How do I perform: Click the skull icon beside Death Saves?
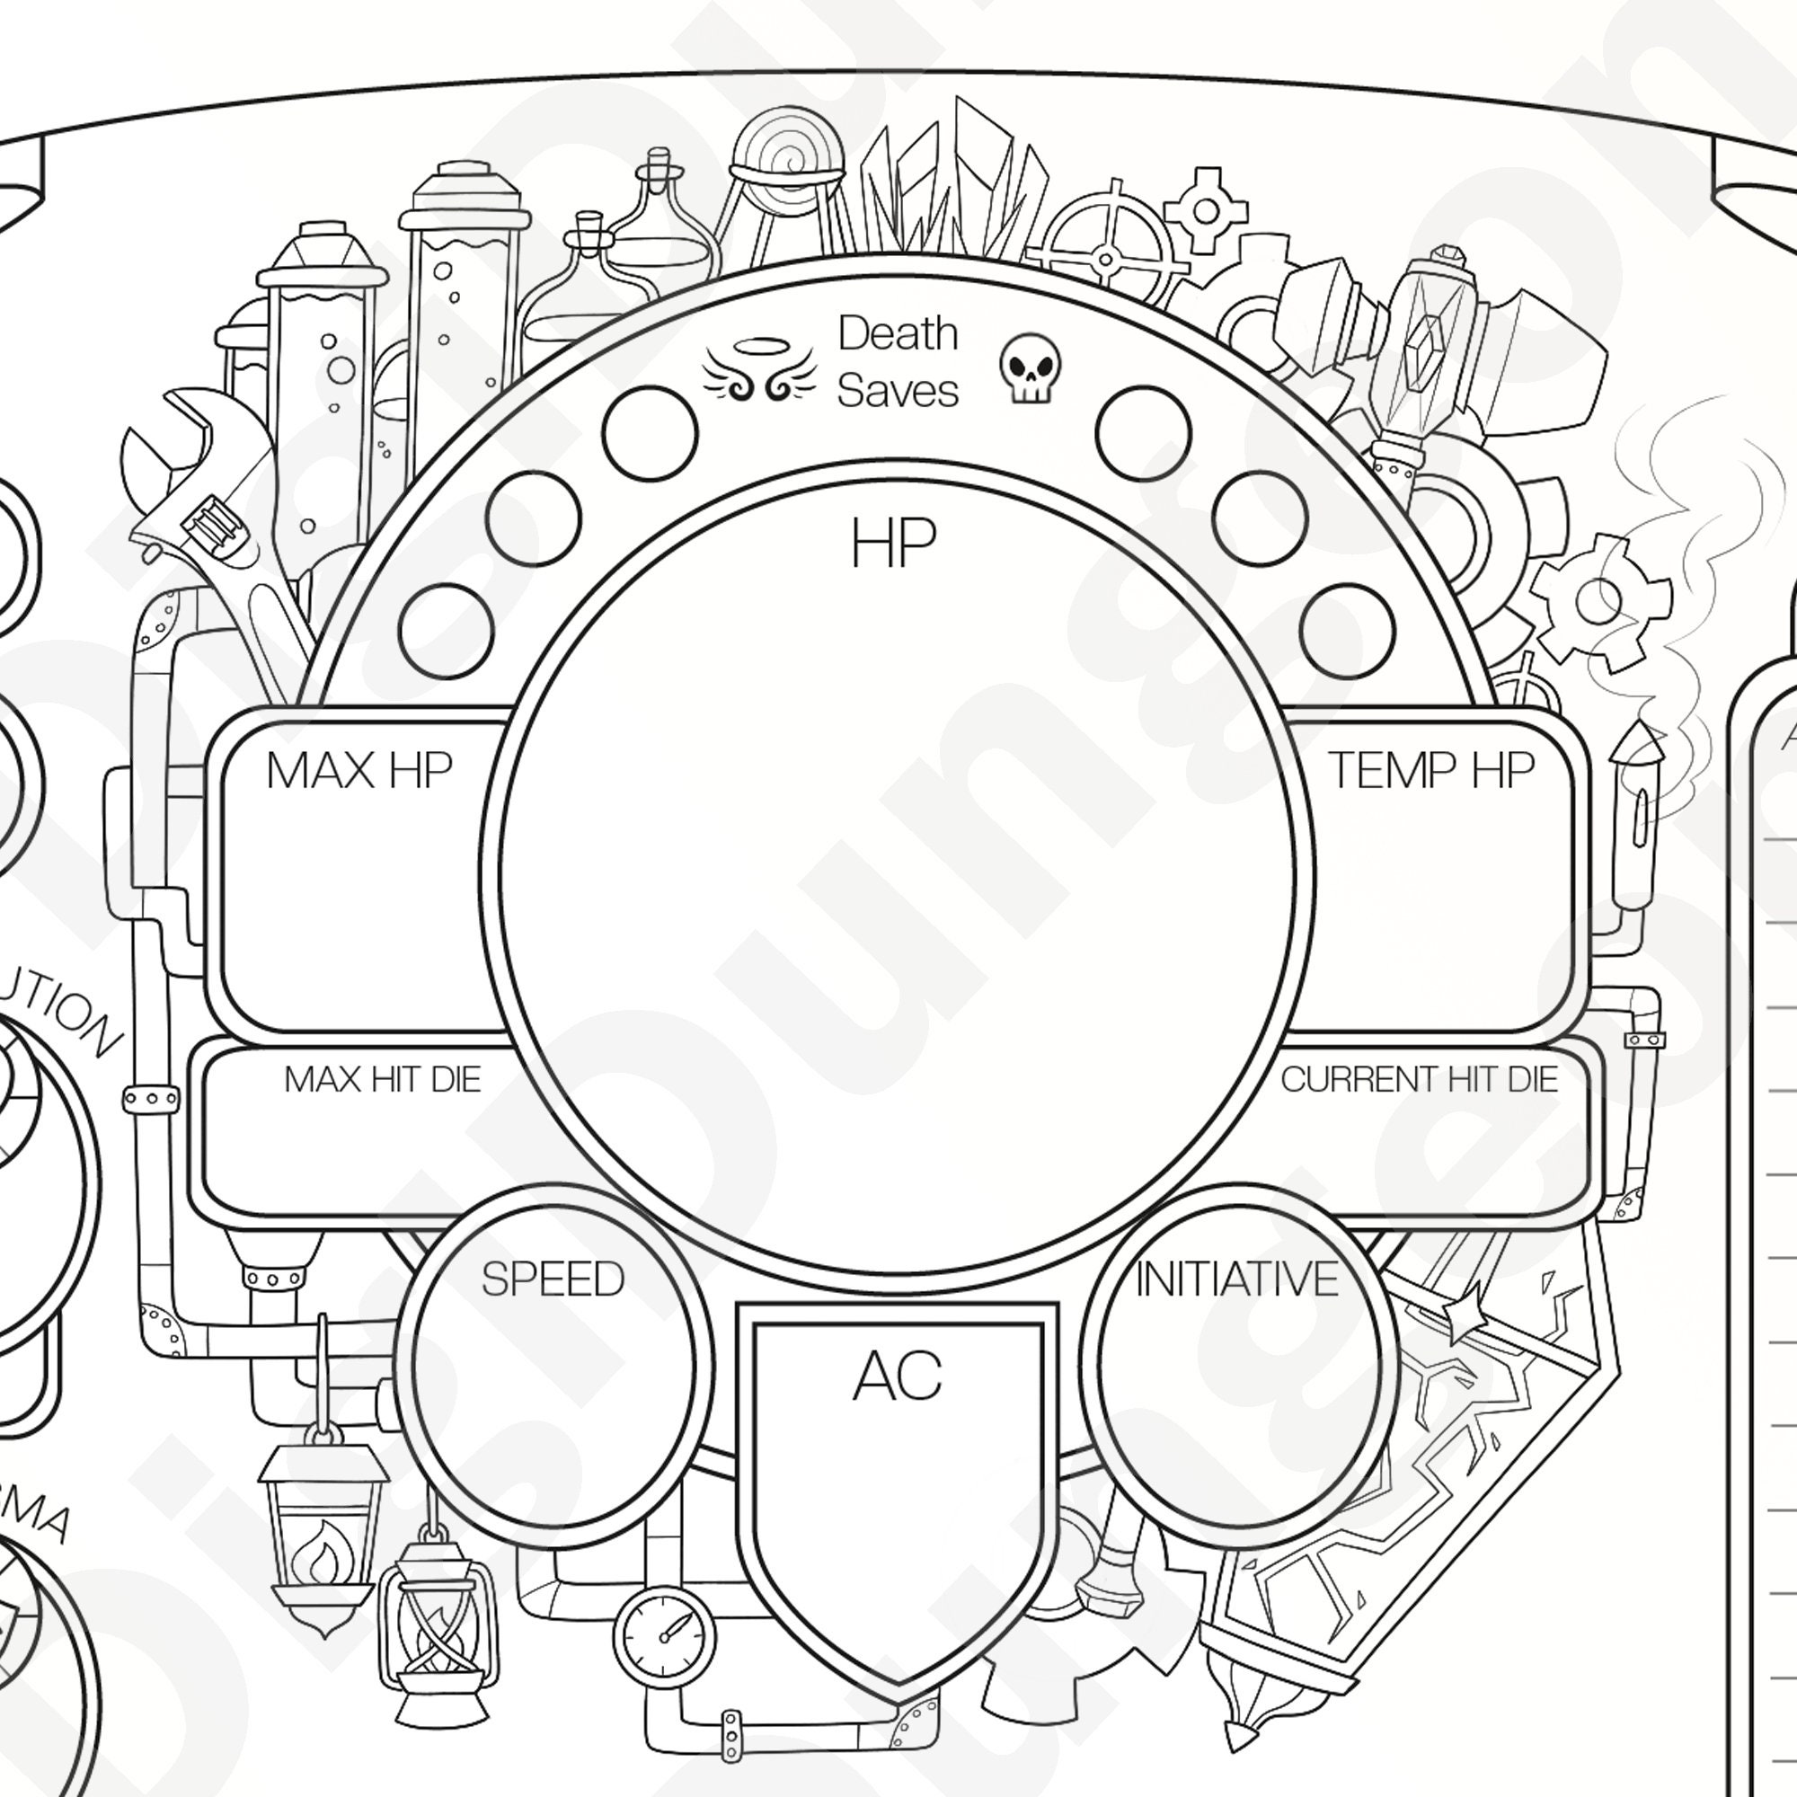[1031, 368]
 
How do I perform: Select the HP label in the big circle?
[893, 544]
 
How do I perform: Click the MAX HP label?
[359, 770]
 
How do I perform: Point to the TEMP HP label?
[1430, 770]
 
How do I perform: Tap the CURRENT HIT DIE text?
[1419, 1079]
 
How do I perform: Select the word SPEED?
[553, 1279]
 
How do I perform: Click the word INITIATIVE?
[1237, 1279]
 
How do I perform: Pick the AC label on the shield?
[898, 1377]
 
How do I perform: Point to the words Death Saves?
[897, 361]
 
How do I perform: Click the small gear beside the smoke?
[1598, 600]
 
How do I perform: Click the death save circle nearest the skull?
[1143, 433]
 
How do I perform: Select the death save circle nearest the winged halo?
[650, 433]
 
